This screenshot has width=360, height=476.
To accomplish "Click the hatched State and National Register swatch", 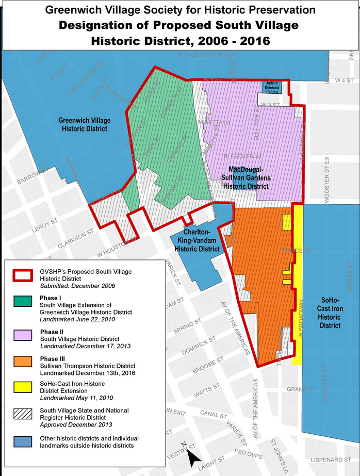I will tap(24, 414).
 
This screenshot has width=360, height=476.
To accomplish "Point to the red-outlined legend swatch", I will tap(24, 275).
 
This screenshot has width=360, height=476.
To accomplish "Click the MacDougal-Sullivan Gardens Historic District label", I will tap(249, 177).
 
